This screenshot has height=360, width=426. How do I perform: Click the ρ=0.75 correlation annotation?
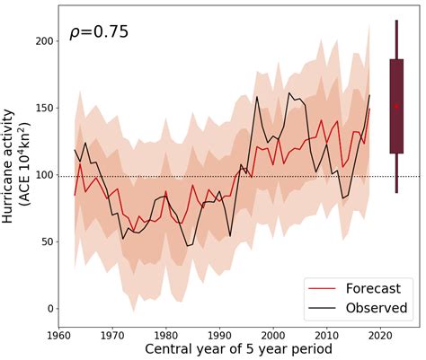click(x=99, y=33)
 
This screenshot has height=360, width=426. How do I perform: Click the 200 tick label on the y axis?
click(x=42, y=41)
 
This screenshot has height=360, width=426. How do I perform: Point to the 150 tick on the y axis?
click(x=42, y=108)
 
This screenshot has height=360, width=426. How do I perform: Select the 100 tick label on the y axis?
click(x=42, y=175)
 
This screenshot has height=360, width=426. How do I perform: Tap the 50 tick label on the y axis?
click(x=46, y=241)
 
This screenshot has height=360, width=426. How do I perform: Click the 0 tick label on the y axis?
click(x=49, y=308)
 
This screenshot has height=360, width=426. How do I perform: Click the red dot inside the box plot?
click(x=396, y=106)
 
